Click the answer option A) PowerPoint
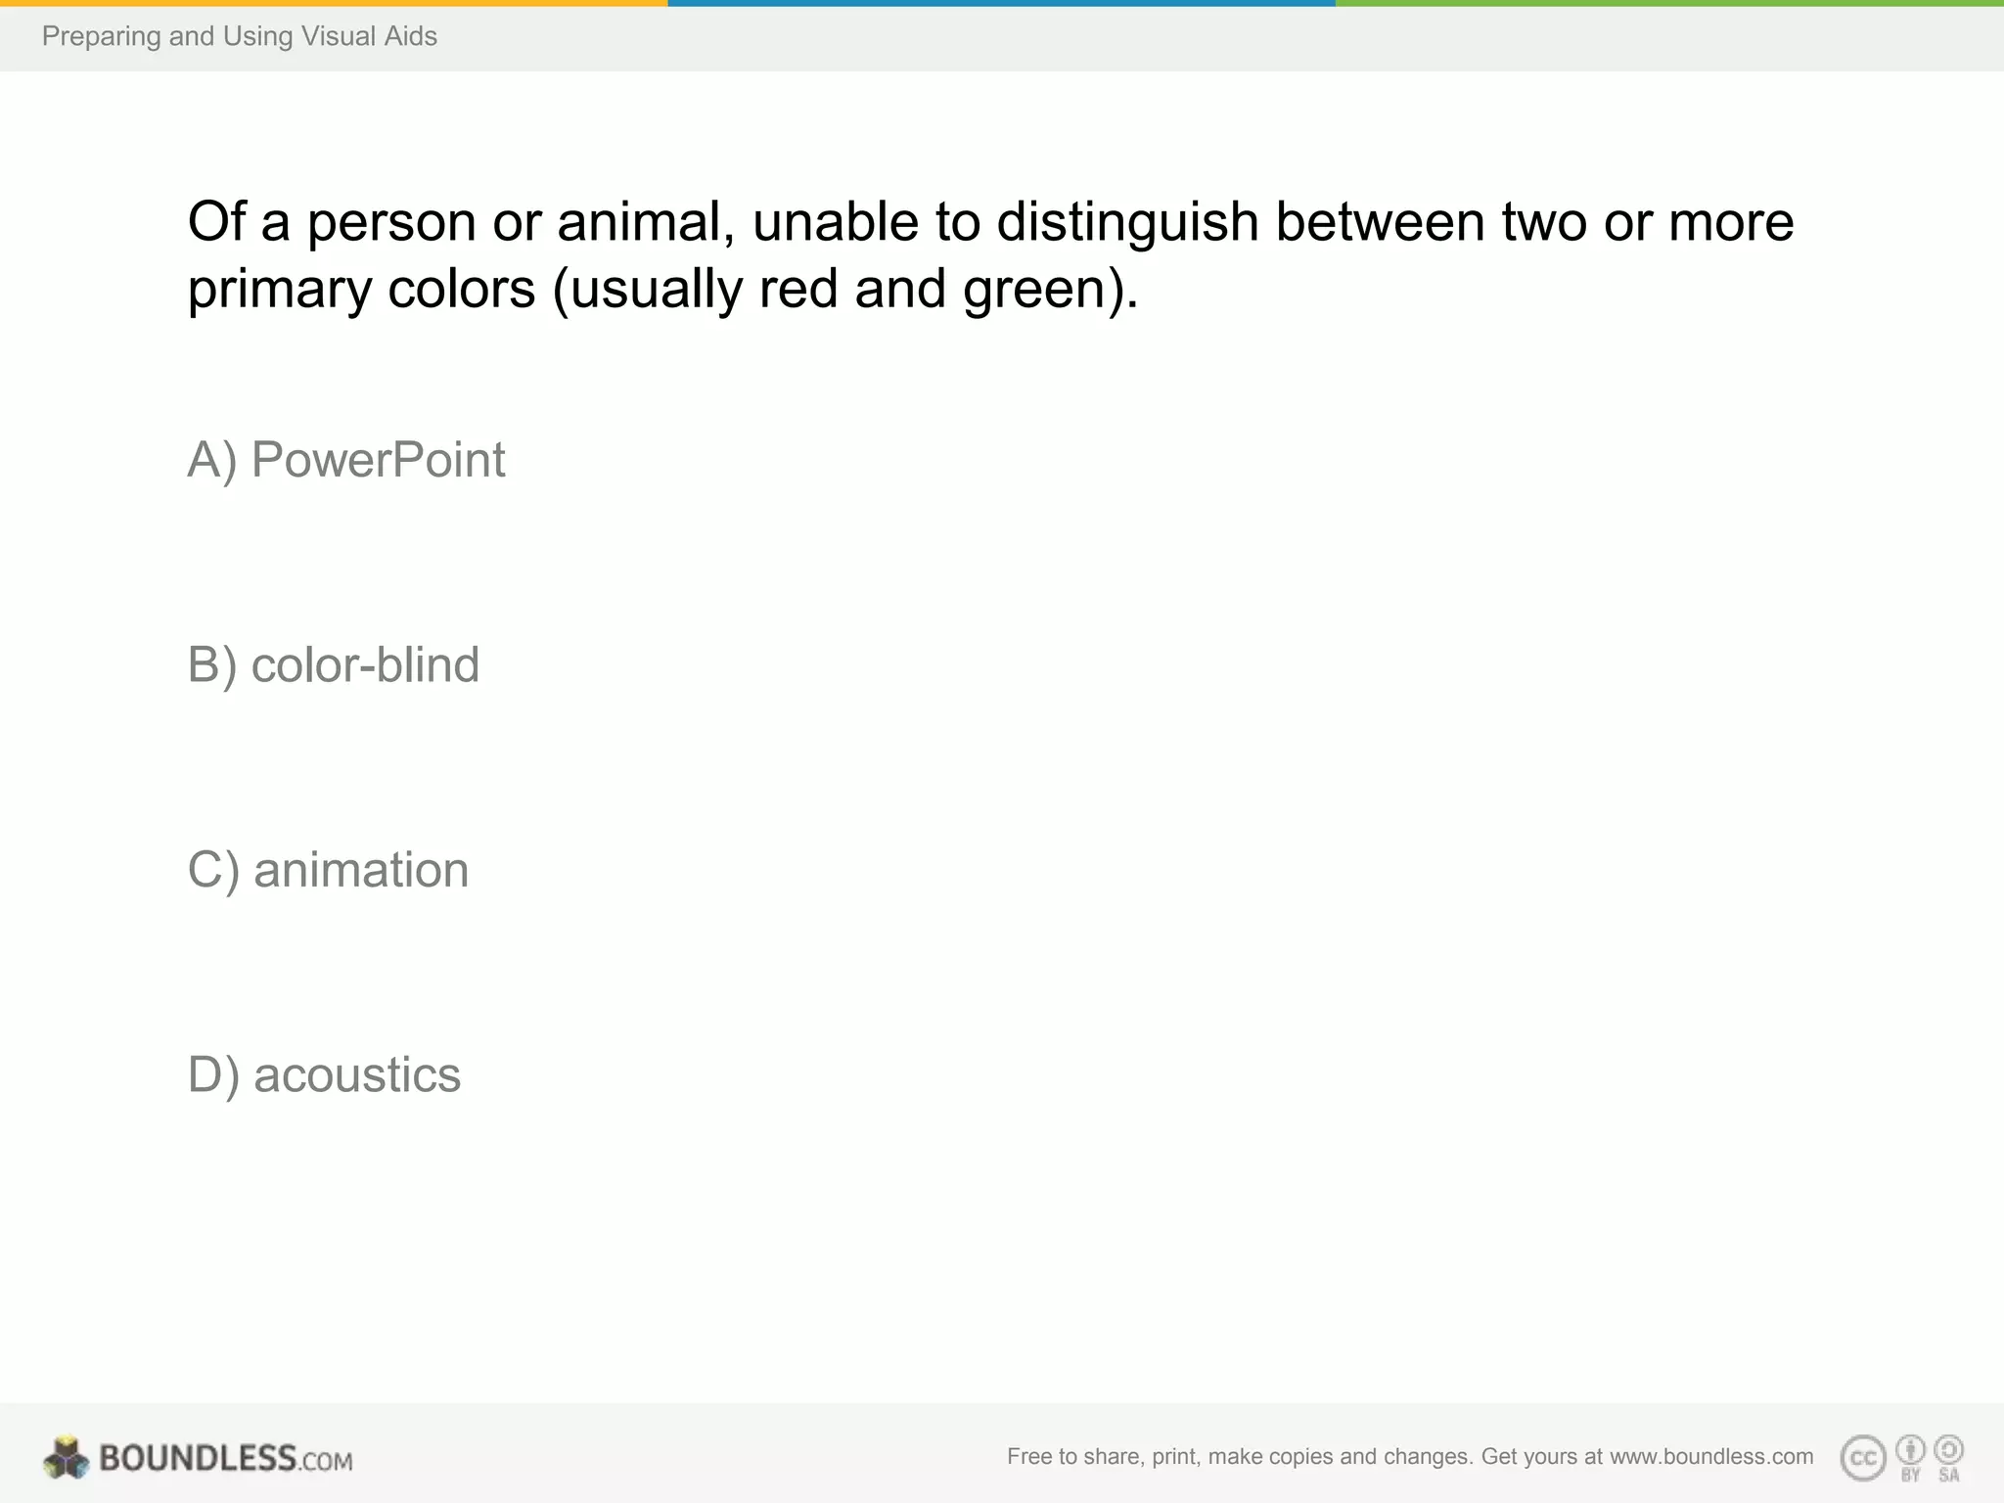(x=346, y=460)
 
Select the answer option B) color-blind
(x=334, y=665)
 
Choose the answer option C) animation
(x=328, y=870)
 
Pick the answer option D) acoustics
(x=324, y=1075)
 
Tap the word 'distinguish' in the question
(x=1127, y=222)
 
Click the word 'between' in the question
(x=1380, y=222)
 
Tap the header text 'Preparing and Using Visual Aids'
(x=240, y=37)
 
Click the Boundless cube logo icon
(x=67, y=1458)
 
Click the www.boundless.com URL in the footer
(x=1711, y=1457)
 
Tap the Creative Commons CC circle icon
(x=1863, y=1459)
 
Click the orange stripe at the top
(x=334, y=3)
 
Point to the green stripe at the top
(x=1669, y=3)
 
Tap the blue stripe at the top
(x=1001, y=3)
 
